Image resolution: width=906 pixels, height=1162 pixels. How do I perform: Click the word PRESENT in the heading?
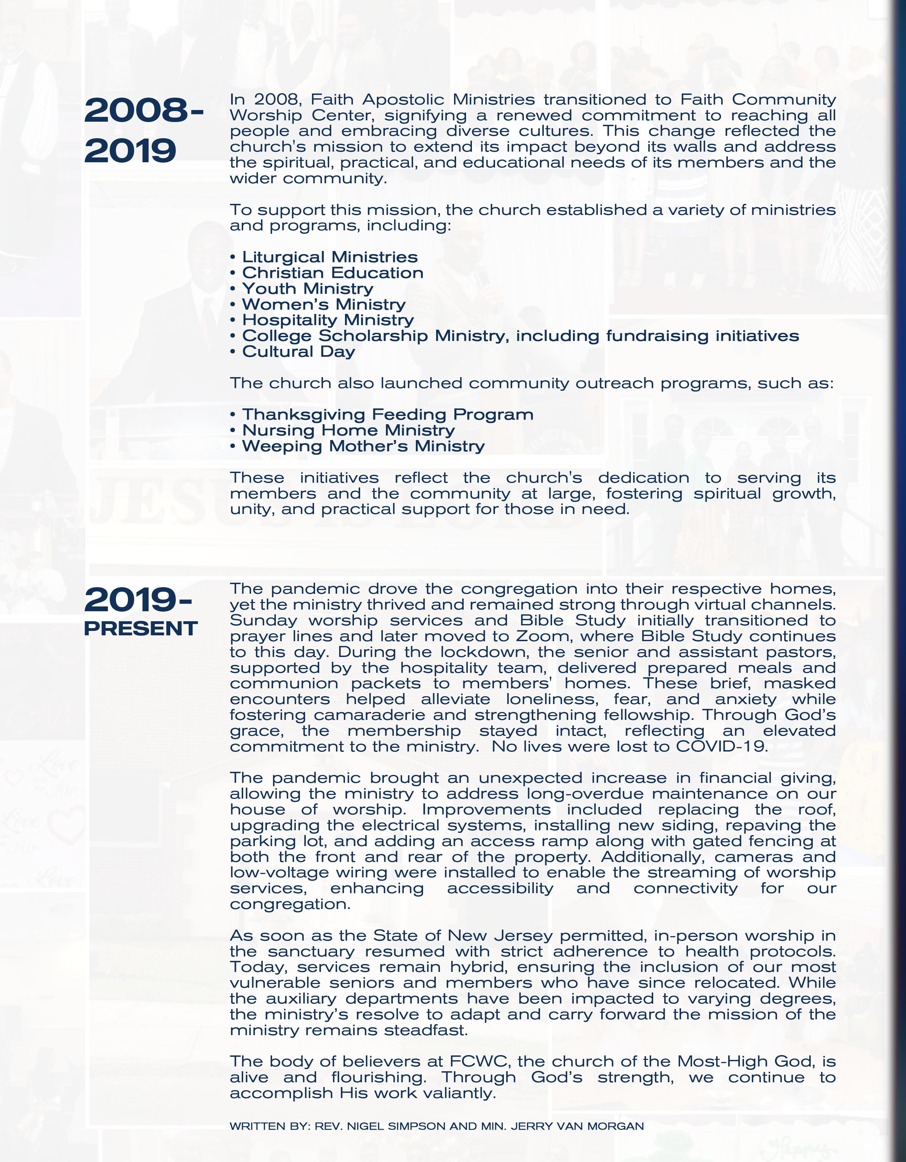click(141, 628)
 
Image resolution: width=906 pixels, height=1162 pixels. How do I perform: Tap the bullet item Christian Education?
click(332, 273)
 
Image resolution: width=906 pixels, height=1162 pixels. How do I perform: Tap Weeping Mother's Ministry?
click(363, 446)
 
